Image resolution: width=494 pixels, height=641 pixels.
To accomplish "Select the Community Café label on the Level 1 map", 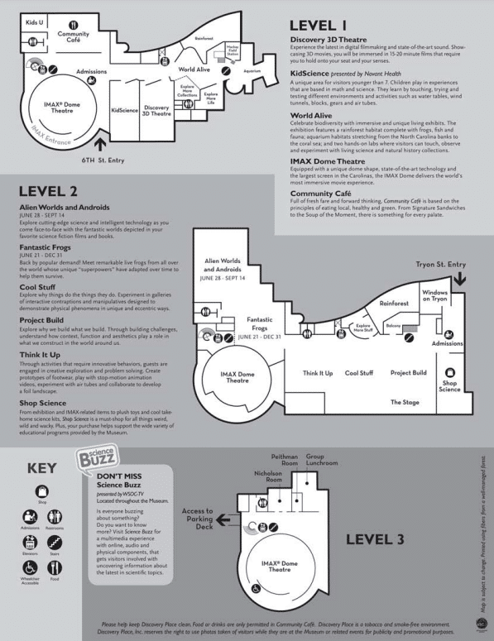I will [x=74, y=38].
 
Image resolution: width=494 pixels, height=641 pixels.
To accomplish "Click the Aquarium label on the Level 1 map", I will [x=252, y=70].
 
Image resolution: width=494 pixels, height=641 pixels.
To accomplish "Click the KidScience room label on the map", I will [x=124, y=109].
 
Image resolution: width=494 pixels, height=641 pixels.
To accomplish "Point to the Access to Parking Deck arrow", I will [x=223, y=523].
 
